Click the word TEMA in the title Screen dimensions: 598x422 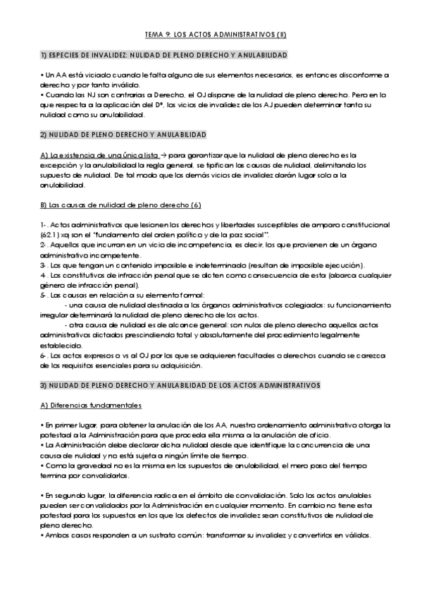coord(153,33)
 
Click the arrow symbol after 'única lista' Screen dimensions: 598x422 coord(162,154)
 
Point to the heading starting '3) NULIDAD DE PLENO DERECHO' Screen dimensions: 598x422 coord(180,386)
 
